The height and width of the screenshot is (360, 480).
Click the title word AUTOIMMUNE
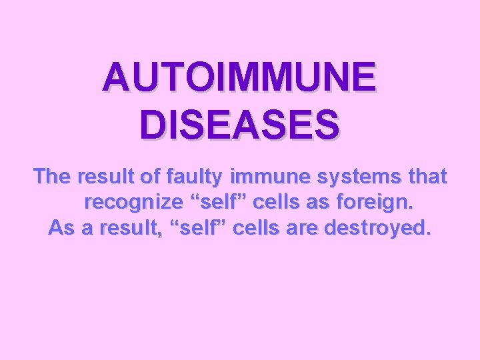tap(239, 78)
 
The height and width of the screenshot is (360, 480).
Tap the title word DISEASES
tap(239, 125)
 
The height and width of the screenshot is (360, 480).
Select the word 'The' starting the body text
tap(53, 177)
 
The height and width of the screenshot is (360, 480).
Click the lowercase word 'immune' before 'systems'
tap(263, 177)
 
